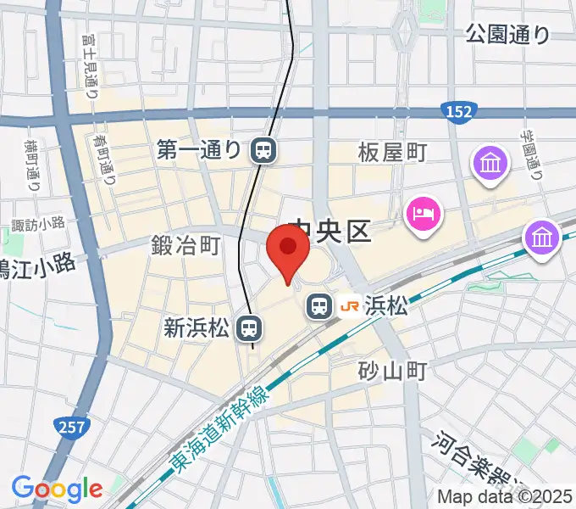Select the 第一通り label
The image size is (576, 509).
pos(199,151)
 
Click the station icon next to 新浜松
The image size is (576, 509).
pos(248,327)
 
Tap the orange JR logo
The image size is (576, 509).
pos(348,305)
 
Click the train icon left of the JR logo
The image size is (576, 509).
pos(318,305)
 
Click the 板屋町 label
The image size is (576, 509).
pos(392,153)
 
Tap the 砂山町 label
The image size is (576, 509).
pos(390,370)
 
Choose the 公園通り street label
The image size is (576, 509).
pos(507,34)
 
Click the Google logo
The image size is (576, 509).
pos(56,489)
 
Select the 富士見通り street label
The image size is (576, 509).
pos(91,72)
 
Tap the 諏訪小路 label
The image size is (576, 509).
pos(38,224)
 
